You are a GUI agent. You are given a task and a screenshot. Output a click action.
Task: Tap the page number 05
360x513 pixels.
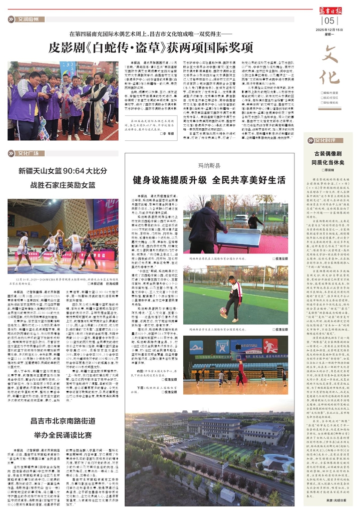329,21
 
